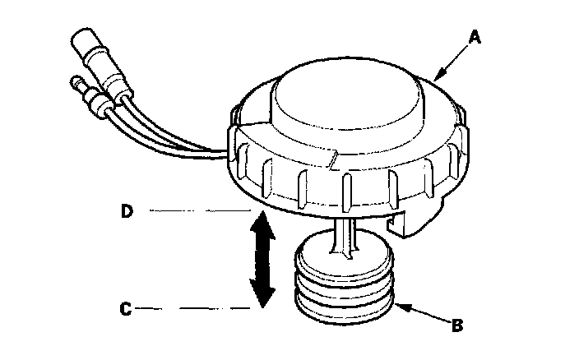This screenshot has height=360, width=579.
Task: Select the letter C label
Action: coord(126,310)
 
